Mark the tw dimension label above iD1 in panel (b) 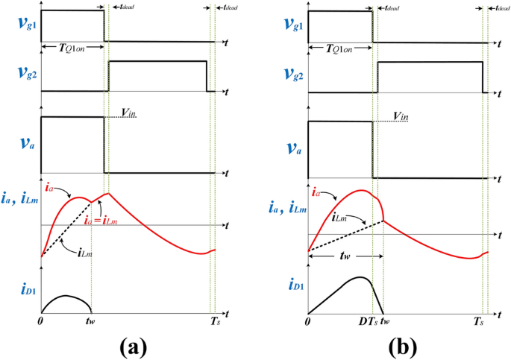(345, 263)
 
